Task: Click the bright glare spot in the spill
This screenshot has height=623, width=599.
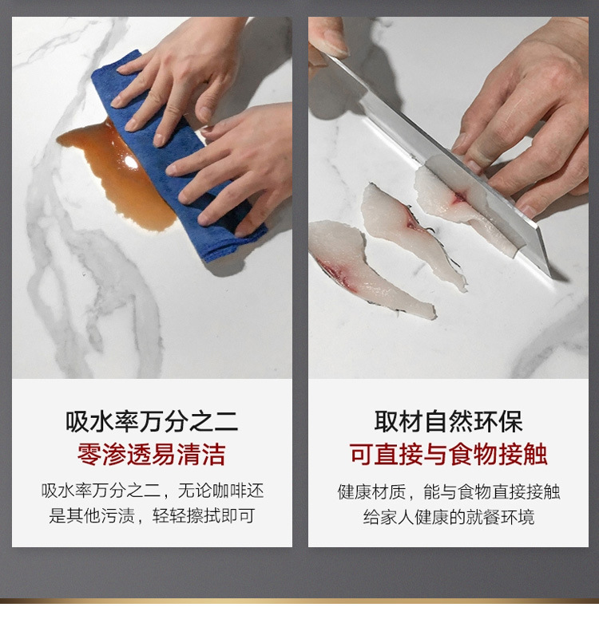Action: pos(129,161)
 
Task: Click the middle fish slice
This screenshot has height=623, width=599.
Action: pos(414,235)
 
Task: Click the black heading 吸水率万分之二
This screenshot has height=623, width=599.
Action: pos(152,422)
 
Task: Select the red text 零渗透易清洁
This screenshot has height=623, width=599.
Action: pos(152,454)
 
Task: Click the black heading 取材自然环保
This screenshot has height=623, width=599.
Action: pos(448,422)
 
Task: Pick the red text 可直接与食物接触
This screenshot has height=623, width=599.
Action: pos(448,454)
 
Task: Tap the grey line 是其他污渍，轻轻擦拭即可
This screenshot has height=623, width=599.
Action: pos(152,516)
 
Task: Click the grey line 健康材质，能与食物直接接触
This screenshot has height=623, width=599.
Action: pos(449,492)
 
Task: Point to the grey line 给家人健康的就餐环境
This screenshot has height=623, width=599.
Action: pos(449,517)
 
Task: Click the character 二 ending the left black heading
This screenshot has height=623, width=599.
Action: pos(226,422)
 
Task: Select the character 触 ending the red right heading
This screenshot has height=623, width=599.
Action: pos(535,454)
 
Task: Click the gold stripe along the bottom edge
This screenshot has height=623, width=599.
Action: pos(299,601)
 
